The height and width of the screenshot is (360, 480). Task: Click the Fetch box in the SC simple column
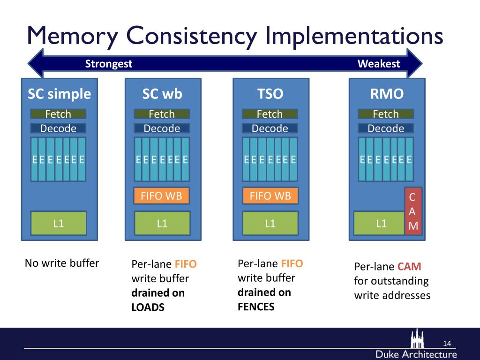[58, 114]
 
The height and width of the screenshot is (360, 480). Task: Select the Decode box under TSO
[270, 128]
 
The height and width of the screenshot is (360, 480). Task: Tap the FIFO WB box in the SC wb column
[162, 196]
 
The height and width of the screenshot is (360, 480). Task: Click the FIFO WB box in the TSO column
[270, 196]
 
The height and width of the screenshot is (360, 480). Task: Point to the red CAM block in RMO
[413, 211]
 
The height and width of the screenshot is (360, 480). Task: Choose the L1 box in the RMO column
[381, 223]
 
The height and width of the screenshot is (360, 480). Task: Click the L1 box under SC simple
[58, 223]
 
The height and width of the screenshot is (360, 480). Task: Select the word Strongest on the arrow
[109, 64]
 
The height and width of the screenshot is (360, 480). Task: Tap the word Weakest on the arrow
[379, 64]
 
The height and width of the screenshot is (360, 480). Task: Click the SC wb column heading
[162, 94]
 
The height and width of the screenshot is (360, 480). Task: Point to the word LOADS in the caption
[148, 308]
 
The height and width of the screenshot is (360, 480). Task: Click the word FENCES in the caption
[256, 307]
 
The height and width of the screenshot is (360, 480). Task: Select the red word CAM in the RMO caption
[409, 267]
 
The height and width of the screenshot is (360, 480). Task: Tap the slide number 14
[447, 344]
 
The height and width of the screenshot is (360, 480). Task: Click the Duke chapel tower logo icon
[417, 338]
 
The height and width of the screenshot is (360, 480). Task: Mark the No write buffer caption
[62, 263]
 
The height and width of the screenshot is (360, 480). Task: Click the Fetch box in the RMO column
[385, 114]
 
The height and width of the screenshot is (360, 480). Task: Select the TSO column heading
[270, 94]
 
